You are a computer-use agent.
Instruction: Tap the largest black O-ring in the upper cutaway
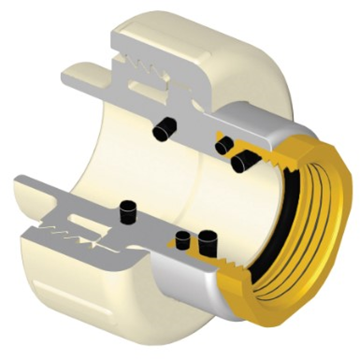tap(244, 160)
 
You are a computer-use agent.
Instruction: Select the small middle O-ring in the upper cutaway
tap(225, 145)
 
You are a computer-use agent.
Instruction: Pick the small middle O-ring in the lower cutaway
tap(183, 241)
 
